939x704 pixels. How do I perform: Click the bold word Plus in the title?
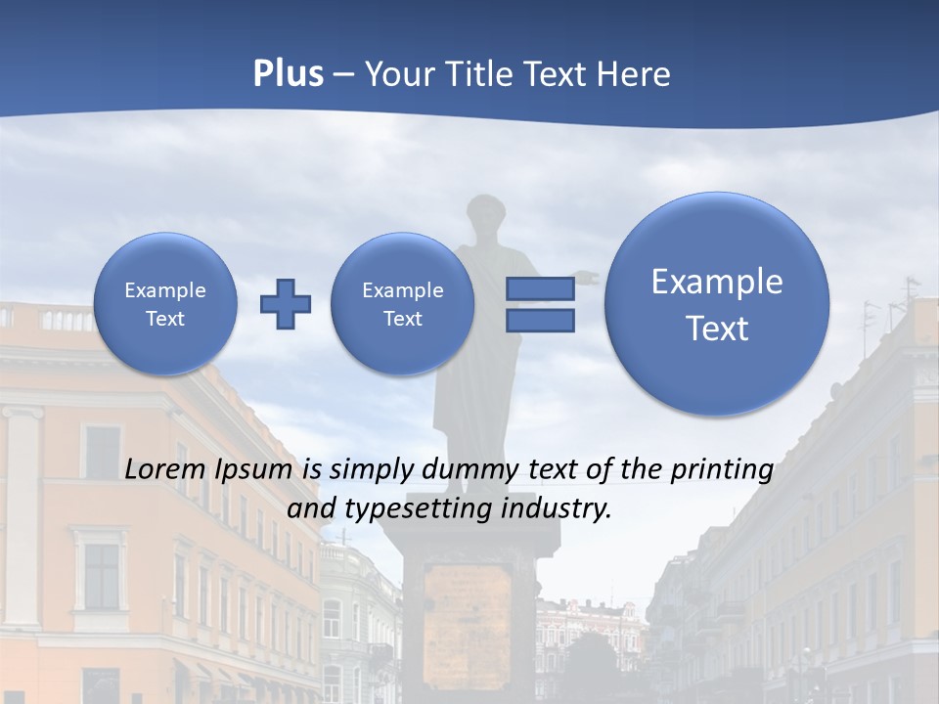[288, 74]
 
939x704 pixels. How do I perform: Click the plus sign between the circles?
[286, 304]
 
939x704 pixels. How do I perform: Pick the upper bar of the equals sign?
[540, 288]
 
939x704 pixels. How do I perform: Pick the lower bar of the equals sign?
[540, 320]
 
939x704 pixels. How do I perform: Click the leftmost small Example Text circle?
[164, 304]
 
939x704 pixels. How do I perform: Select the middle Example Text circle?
[402, 304]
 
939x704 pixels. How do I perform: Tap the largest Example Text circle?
[717, 304]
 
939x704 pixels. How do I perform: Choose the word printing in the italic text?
[722, 470]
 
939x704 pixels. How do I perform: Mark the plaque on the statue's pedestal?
[469, 606]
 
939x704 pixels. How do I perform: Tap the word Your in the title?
[397, 74]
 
